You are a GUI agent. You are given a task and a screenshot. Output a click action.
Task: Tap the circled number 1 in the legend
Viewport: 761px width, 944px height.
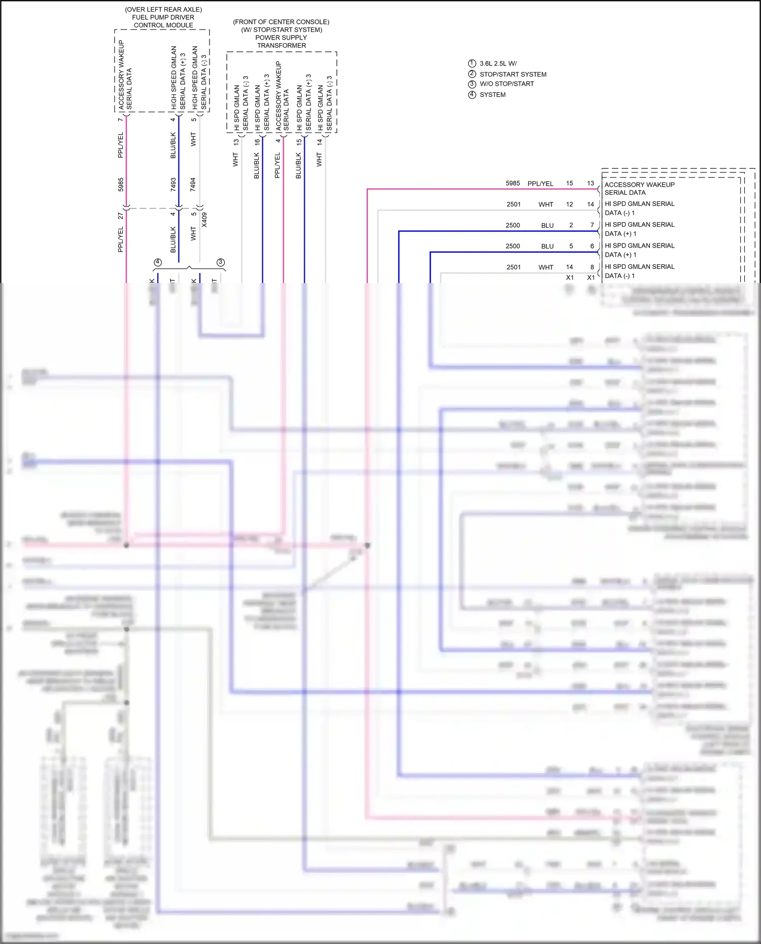point(472,63)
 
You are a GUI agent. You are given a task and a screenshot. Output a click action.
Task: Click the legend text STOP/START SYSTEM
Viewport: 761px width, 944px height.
point(513,74)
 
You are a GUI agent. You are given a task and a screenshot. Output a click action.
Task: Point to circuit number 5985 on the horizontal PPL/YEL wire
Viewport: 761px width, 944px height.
point(512,183)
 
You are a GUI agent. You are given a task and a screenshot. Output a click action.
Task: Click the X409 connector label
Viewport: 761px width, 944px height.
point(204,220)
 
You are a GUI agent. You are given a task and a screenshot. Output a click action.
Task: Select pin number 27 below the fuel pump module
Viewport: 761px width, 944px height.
point(120,216)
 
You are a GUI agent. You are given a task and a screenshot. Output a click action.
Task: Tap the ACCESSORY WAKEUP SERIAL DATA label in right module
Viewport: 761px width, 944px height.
point(639,189)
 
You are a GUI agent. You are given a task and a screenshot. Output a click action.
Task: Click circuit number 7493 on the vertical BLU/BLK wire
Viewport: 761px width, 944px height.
point(173,184)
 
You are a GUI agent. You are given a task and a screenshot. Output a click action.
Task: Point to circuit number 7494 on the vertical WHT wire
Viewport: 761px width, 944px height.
point(193,184)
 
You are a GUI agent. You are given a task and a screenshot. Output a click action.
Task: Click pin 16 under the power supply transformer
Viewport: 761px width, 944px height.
point(257,142)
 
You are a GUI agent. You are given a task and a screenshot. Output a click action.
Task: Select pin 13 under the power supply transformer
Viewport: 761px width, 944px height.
point(235,142)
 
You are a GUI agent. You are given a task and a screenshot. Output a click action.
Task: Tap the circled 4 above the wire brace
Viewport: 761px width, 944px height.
point(158,262)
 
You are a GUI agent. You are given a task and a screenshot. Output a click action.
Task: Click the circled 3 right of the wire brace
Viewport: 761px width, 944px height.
point(220,262)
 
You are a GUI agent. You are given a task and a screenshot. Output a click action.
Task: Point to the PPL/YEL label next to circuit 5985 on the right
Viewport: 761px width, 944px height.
point(540,184)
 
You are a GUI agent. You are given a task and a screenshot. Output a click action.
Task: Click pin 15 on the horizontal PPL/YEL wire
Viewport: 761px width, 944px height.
point(569,183)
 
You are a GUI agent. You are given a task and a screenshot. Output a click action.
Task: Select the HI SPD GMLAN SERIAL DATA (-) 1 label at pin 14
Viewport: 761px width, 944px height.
point(639,208)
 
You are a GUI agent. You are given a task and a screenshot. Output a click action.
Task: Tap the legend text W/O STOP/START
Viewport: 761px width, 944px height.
point(506,84)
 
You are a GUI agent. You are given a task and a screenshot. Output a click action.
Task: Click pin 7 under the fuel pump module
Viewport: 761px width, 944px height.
point(120,120)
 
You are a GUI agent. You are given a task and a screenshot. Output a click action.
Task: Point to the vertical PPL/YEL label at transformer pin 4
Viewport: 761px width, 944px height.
point(277,165)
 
